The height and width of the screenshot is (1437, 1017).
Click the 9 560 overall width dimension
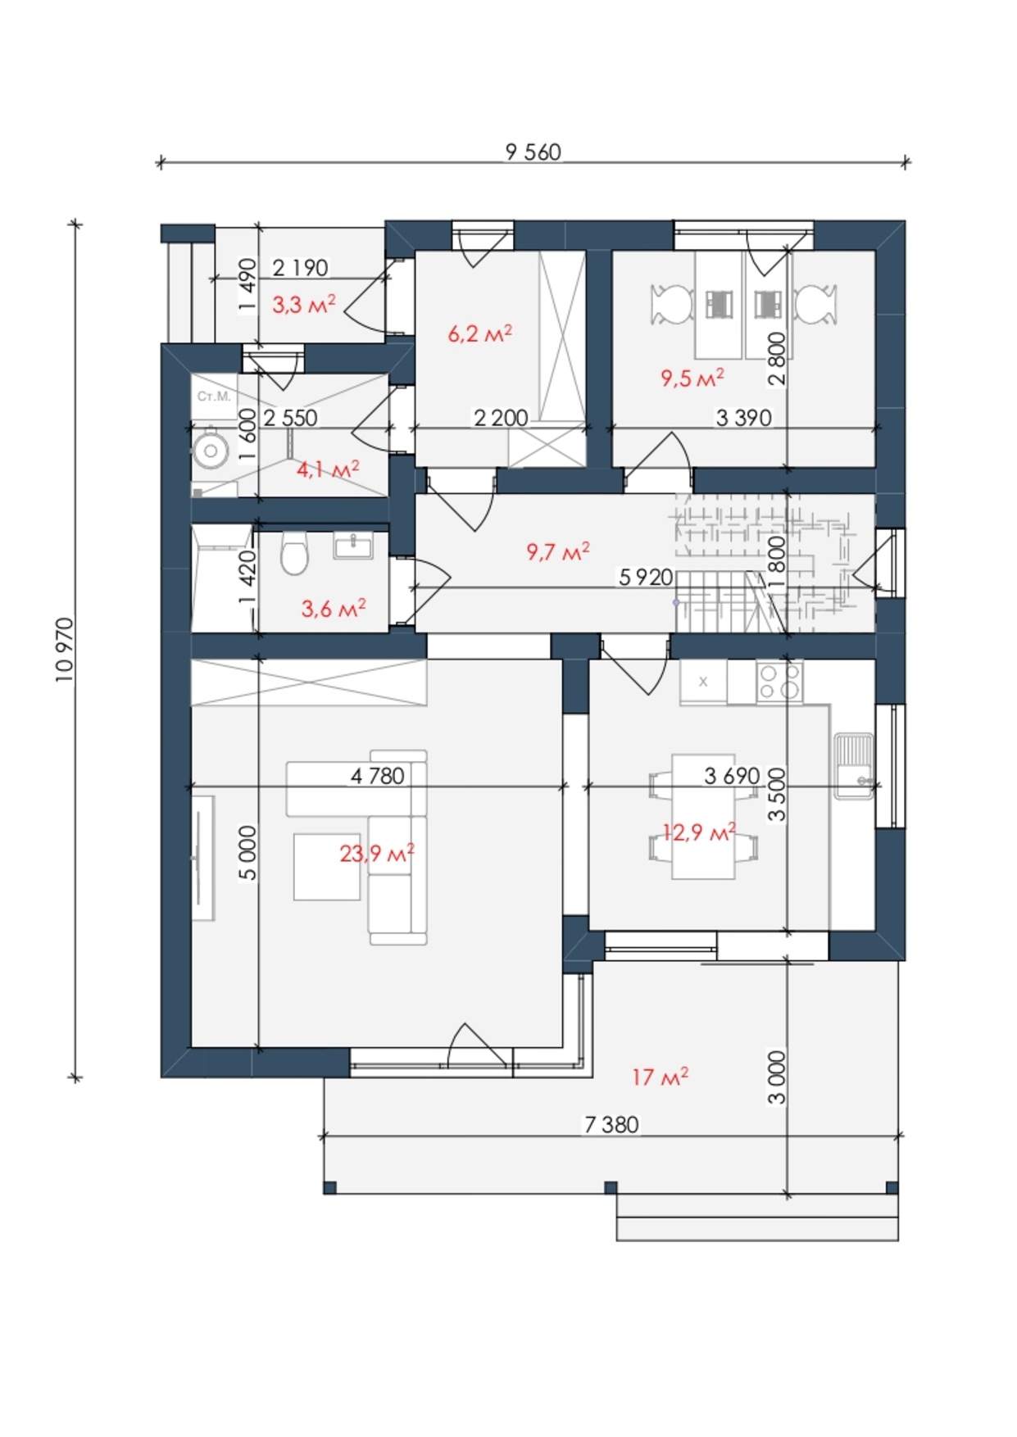(x=533, y=152)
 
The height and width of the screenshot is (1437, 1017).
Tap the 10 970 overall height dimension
(x=66, y=650)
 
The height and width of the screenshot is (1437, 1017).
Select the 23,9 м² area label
(x=377, y=854)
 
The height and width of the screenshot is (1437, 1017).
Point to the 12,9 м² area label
(x=699, y=832)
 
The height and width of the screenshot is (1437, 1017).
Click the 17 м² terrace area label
(x=660, y=1076)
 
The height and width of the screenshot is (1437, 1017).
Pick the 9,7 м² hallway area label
(x=558, y=551)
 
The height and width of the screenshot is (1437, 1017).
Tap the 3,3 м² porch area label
(x=303, y=305)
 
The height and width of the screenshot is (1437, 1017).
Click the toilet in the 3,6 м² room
(x=293, y=553)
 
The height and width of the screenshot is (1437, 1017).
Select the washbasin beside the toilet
(x=353, y=545)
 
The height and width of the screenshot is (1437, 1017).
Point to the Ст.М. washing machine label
(x=214, y=397)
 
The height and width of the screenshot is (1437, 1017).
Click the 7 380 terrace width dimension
(x=611, y=1124)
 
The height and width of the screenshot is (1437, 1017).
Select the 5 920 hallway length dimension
(x=646, y=578)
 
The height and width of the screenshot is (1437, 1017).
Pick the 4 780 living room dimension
(x=378, y=775)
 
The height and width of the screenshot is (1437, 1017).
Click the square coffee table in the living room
(x=327, y=866)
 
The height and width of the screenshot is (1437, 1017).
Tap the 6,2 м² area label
(x=480, y=333)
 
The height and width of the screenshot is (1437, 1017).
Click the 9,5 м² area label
(x=692, y=378)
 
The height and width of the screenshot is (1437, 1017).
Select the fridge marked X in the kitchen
(x=703, y=682)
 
